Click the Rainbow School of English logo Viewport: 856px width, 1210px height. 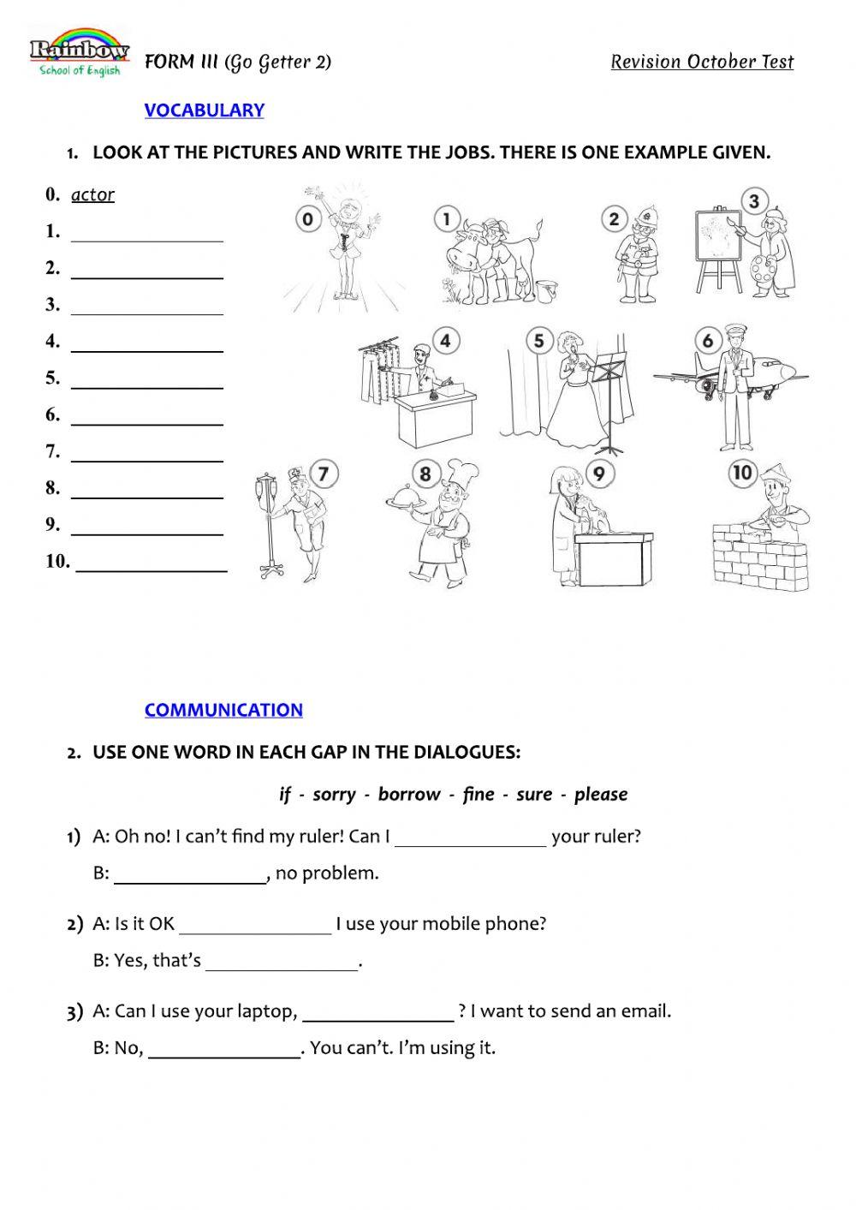(x=79, y=54)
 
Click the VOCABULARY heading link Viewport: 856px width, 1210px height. (x=204, y=110)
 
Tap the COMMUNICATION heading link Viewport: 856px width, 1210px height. (x=223, y=709)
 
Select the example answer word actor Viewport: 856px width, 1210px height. (x=92, y=194)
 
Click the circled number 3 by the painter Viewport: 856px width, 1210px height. (x=753, y=202)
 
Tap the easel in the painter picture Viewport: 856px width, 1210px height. (x=717, y=248)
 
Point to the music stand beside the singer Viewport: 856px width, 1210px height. (x=610, y=394)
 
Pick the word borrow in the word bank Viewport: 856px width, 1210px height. (x=409, y=794)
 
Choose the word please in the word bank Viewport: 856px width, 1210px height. (x=601, y=794)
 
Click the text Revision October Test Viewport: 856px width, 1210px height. (x=702, y=62)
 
